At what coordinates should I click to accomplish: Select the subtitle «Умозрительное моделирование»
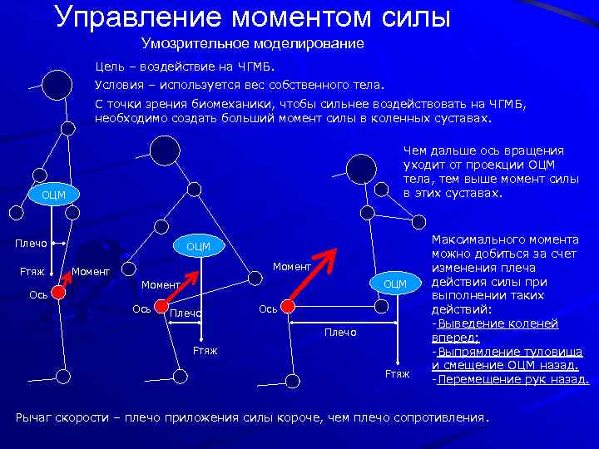[252, 43]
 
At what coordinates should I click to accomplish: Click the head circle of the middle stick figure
[165, 150]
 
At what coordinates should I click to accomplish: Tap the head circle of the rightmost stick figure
[362, 169]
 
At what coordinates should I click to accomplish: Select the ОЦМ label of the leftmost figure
[52, 195]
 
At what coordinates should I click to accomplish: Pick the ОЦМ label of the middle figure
[198, 246]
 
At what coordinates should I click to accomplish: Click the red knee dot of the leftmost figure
[58, 292]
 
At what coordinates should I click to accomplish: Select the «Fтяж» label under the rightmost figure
[397, 374]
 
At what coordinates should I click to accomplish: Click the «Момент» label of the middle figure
[160, 285]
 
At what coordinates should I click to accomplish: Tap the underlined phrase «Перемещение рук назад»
[513, 380]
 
